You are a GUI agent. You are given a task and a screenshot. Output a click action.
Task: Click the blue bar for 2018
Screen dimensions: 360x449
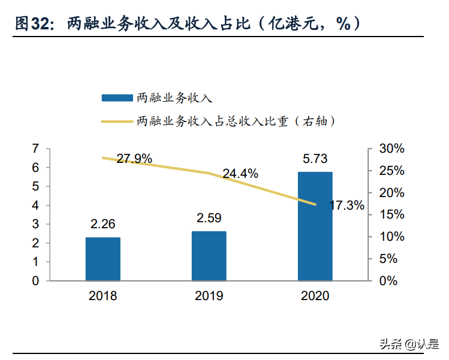(103, 259)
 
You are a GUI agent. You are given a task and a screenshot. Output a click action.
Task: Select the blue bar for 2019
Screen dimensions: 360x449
(209, 256)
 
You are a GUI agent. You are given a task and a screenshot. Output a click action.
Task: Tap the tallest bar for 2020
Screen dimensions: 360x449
(315, 226)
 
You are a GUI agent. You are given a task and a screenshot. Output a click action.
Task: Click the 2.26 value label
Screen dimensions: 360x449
(103, 224)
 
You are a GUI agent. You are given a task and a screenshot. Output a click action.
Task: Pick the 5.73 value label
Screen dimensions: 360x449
(315, 159)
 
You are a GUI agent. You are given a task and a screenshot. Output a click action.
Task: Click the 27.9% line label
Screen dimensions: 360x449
(134, 159)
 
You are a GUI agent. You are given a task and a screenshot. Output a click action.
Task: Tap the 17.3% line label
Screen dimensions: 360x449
(346, 205)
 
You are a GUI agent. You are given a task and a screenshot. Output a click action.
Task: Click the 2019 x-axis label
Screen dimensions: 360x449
(209, 296)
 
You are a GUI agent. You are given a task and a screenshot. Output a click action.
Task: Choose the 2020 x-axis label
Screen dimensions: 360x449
(315, 296)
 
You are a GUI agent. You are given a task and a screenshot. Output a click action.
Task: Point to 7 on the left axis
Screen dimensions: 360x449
(35, 149)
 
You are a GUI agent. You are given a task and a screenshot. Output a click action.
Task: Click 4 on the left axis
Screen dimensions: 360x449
(35, 205)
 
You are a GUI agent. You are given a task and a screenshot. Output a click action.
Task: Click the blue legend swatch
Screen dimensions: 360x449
(117, 97)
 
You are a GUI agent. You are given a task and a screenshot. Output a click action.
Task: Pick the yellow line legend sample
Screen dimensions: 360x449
(117, 121)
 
